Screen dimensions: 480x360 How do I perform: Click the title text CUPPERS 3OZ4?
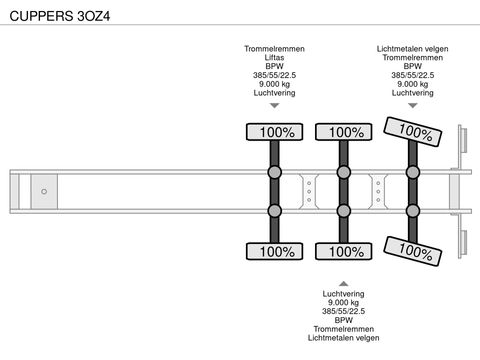point(60,16)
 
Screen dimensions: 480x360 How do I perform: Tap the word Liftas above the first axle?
point(274,57)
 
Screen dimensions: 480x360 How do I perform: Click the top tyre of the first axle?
point(274,132)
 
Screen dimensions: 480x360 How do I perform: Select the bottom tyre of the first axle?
point(274,251)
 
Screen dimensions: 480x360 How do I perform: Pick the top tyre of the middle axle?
point(344,132)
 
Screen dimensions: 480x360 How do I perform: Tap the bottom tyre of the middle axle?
point(344,251)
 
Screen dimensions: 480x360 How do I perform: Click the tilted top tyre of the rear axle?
point(413,132)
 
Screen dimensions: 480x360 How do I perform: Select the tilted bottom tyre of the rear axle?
point(413,251)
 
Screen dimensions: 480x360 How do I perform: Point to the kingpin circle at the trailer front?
point(44,192)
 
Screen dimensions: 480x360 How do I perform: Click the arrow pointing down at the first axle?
point(274,106)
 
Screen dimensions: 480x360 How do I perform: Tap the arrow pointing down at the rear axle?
point(413,106)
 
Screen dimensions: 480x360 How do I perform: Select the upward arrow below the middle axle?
point(344,284)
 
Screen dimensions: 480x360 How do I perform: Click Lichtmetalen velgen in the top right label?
point(413,49)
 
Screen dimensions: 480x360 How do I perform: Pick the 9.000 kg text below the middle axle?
point(344,302)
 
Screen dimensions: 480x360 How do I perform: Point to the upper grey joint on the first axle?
point(275,172)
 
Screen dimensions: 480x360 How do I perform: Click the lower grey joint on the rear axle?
point(413,211)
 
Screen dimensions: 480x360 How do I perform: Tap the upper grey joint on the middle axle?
point(344,172)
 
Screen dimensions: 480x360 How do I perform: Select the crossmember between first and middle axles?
point(309,192)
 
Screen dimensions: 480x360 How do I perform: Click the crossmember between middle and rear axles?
point(378,192)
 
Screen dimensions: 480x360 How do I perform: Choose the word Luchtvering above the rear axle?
point(413,93)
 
